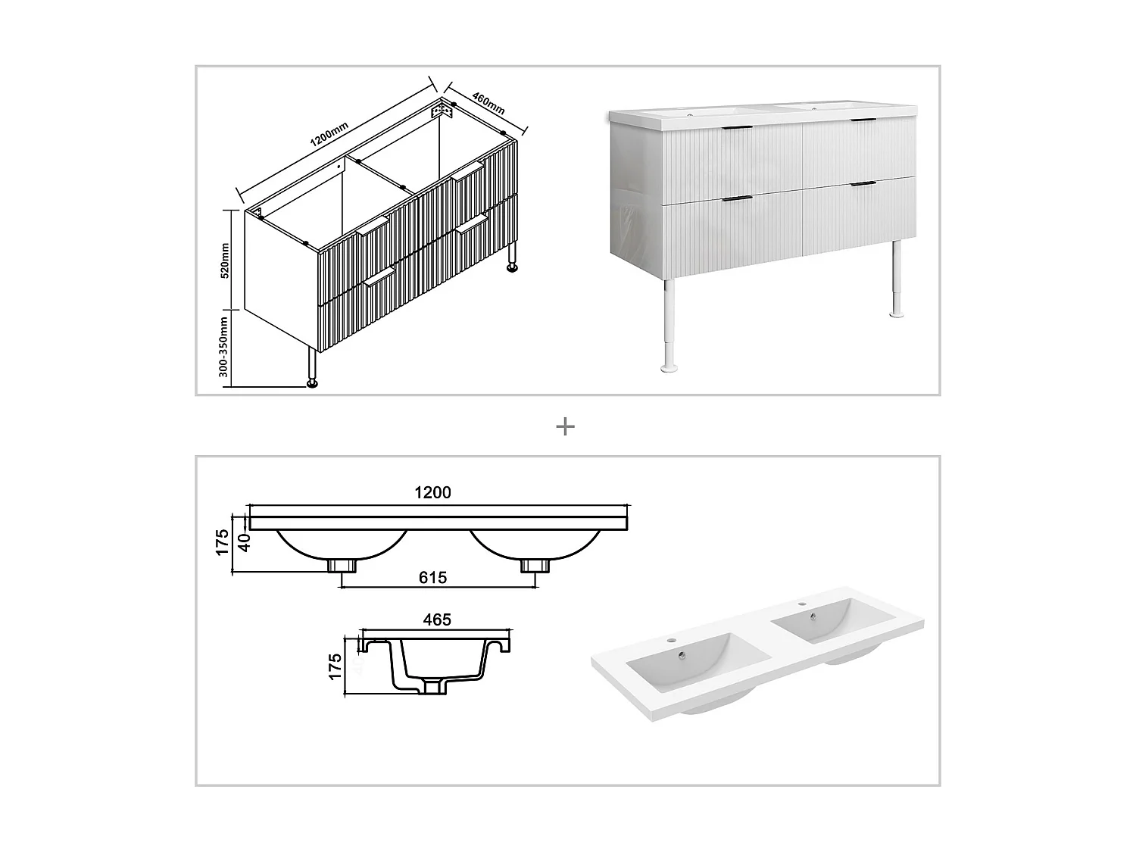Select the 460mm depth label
(x=488, y=103)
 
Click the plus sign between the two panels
(x=565, y=427)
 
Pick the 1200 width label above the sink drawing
(x=432, y=493)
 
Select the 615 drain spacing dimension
(x=432, y=578)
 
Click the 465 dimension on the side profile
(x=437, y=619)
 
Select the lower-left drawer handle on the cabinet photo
(x=737, y=199)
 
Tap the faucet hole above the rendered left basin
(x=670, y=641)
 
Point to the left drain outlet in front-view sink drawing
(x=342, y=565)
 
